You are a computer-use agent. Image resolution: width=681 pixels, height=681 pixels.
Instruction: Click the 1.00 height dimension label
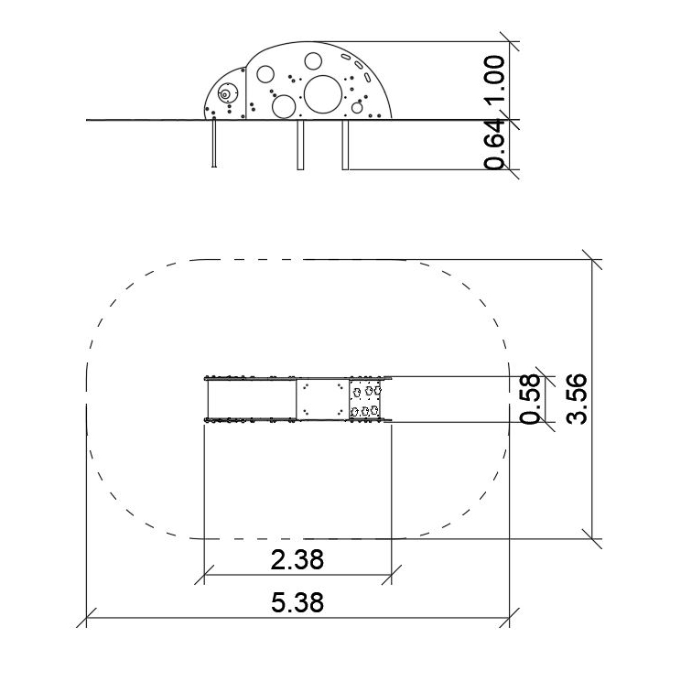pos(495,78)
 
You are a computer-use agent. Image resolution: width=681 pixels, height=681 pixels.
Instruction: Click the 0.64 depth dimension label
pos(495,145)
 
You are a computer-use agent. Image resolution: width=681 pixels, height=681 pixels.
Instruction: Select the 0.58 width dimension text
pos(530,399)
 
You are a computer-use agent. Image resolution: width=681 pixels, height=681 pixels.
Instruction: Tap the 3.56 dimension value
pos(577,399)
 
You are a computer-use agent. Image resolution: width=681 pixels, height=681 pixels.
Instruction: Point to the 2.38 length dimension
pos(297,560)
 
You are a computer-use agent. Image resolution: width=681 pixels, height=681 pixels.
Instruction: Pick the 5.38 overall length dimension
pos(297,602)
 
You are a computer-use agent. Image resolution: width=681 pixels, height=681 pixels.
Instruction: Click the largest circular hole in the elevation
pos(323,94)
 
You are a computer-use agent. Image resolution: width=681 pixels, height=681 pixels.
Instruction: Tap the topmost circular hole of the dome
pos(313,61)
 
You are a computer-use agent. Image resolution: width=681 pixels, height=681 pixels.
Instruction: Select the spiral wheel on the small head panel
pos(225,93)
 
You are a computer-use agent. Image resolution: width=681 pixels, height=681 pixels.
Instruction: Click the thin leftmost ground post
pos(213,144)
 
